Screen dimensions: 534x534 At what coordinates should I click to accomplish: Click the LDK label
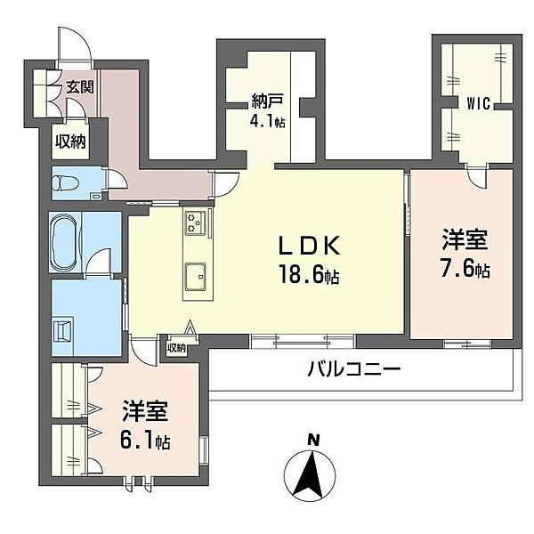309,246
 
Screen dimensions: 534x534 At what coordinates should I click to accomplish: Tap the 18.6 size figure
309,274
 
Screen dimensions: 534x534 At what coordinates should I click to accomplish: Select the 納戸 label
267,101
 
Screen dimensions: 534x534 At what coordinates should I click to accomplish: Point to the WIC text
478,103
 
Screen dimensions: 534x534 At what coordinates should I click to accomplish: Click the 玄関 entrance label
80,87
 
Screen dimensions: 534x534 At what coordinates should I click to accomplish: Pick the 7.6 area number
465,270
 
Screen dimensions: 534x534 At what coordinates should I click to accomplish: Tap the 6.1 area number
145,441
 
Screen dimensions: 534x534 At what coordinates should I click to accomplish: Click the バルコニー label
354,369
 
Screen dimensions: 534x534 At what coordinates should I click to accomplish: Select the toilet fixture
66,184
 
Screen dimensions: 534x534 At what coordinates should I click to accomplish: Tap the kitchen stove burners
195,222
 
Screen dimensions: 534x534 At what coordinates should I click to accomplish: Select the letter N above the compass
313,440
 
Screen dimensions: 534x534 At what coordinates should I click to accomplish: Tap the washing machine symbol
62,329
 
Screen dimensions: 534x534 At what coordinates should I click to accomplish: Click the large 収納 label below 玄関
70,142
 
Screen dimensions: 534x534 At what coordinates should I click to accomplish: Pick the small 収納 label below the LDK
176,348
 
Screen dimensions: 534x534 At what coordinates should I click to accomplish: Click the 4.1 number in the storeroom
268,121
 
